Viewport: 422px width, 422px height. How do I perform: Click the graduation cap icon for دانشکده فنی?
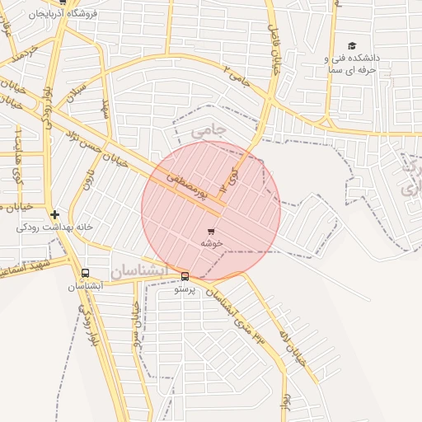click(353, 46)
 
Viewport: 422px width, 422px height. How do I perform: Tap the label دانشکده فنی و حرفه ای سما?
click(350, 64)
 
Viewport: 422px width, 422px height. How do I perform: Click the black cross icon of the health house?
click(54, 214)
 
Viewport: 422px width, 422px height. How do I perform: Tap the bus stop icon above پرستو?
click(185, 277)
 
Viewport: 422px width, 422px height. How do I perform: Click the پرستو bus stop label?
click(185, 289)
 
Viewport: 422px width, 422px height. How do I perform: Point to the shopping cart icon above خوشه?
click(211, 232)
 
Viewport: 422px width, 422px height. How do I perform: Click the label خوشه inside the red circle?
click(211, 244)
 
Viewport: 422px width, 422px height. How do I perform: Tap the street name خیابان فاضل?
click(277, 48)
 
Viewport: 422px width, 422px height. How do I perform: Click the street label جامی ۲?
click(237, 77)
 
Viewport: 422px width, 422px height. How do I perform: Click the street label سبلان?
click(77, 83)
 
